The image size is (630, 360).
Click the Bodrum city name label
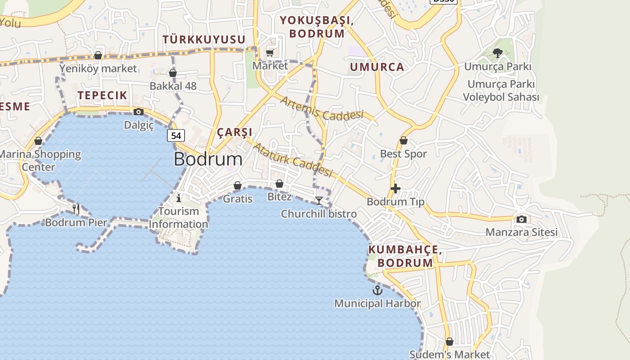(208, 159)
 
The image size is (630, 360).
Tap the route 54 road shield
(176, 135)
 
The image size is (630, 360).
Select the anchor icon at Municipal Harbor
(378, 290)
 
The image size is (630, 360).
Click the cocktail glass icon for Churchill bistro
(319, 200)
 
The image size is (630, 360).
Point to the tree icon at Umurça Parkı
(497, 54)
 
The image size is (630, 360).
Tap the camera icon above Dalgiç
(139, 112)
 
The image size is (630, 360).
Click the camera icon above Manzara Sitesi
(522, 219)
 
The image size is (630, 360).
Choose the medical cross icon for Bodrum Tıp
(396, 189)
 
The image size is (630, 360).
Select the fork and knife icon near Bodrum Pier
(76, 209)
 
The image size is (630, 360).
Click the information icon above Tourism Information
(179, 198)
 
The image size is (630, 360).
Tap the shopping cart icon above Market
(270, 53)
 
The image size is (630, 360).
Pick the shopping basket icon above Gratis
(238, 185)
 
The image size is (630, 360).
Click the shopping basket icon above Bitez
(279, 184)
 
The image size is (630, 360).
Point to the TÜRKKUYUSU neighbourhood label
(204, 40)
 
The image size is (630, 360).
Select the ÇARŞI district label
(234, 132)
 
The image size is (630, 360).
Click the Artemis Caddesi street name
(321, 108)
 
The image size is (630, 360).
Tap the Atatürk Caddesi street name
(292, 160)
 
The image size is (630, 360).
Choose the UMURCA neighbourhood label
(377, 67)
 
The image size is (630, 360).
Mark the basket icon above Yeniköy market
(98, 56)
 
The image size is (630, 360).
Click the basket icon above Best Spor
(404, 140)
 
